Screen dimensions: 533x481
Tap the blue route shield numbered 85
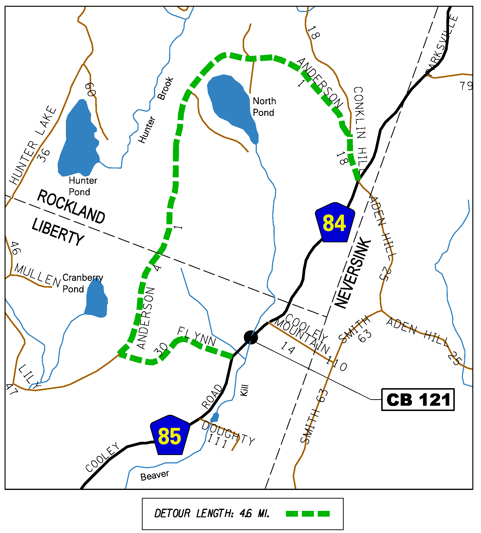[170, 436]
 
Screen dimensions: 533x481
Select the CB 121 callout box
[418, 399]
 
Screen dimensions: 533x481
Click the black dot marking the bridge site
[251, 338]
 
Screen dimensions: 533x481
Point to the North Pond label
[264, 107]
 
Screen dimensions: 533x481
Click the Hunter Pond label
[83, 186]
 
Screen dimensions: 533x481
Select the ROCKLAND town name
[71, 207]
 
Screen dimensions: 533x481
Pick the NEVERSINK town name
[353, 274]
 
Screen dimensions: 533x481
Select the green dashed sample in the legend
[308, 514]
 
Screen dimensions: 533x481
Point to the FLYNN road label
[197, 336]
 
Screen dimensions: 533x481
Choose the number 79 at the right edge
[466, 86]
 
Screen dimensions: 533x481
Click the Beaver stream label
[155, 476]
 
